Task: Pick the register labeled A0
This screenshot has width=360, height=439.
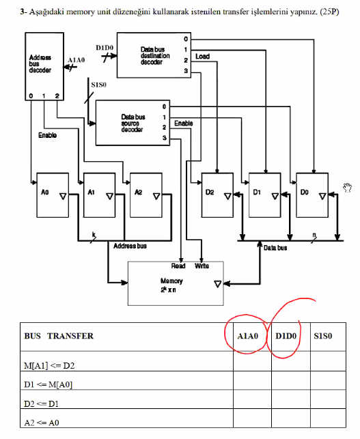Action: (54, 194)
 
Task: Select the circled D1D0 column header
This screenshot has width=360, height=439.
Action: (286, 336)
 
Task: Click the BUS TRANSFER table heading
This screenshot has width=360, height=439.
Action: (59, 336)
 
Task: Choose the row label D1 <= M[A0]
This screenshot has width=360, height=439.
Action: (49, 384)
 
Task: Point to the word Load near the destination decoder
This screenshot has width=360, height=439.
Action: (202, 57)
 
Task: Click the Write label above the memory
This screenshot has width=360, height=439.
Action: (202, 266)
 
